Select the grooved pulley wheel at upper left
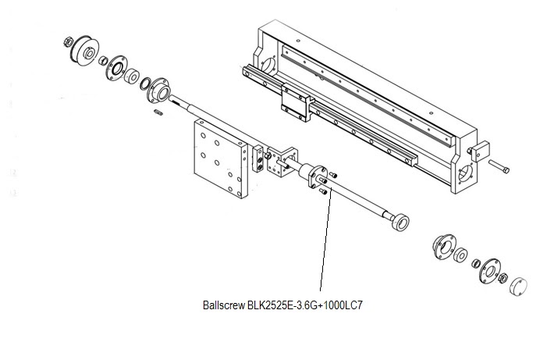(83, 52)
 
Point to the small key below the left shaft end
(158, 114)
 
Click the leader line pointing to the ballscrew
(325, 242)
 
